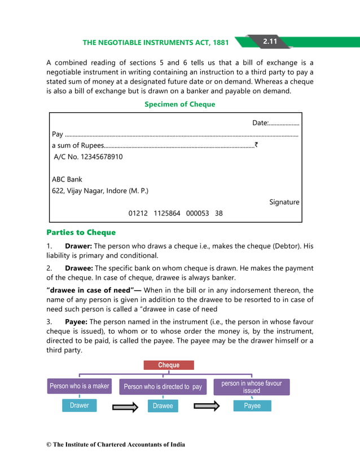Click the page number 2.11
[269, 41]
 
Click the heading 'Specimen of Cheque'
[179, 104]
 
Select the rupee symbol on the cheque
[256, 145]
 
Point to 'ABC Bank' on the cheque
[67, 179]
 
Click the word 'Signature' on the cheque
[284, 202]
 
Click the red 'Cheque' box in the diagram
[169, 365]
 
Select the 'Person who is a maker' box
[79, 386]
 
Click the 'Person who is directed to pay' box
[163, 387]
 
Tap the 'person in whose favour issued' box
[251, 387]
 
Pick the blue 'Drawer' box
[79, 405]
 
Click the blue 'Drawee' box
[163, 406]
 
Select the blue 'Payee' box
[252, 406]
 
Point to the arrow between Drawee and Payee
[207, 406]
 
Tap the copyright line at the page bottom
[116, 445]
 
